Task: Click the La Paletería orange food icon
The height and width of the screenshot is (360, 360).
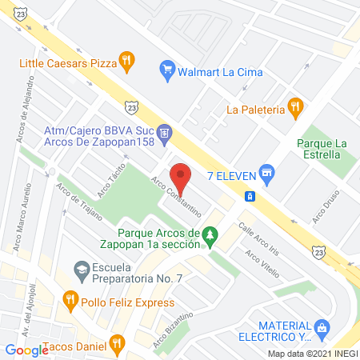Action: point(295,104)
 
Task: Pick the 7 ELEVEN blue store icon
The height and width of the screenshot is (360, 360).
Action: point(268,170)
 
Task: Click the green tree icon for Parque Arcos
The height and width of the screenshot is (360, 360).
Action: point(210,235)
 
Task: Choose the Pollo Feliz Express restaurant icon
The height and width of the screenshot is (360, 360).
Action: point(70,301)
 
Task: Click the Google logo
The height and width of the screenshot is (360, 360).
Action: point(26,350)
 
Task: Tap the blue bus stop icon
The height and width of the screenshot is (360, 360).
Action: point(250,196)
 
